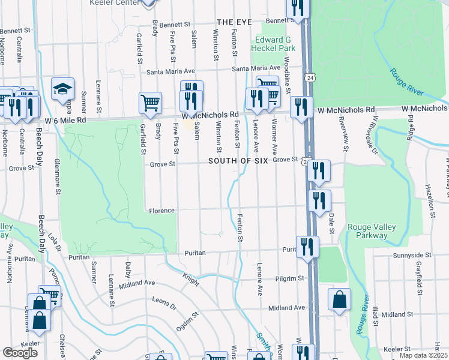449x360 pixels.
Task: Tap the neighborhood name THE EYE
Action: coord(234,22)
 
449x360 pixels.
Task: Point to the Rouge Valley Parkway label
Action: coord(367,231)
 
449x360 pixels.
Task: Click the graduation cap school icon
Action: coord(62,89)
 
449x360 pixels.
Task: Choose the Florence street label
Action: coord(162,211)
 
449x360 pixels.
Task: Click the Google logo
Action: coord(20,352)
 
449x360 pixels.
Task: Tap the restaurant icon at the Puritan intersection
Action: coord(307,247)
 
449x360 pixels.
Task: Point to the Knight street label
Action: coord(191,278)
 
